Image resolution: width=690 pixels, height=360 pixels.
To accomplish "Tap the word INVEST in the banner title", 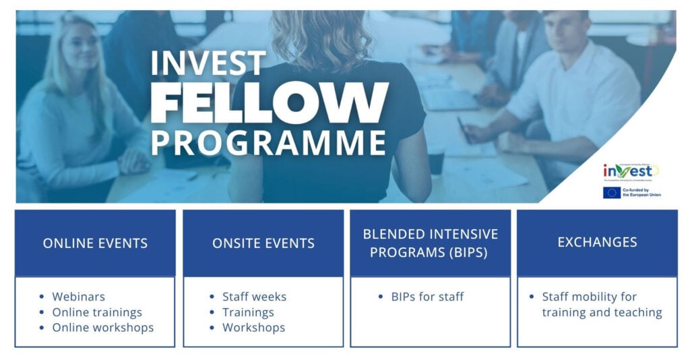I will pos(208,63).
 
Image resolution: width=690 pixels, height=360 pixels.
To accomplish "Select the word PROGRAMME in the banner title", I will pos(269,142).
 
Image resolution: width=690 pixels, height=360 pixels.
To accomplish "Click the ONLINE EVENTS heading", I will pos(95,243).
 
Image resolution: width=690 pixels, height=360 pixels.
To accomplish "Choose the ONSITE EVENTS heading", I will pos(263,243).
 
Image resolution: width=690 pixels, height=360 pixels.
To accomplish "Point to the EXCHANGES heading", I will pos(597,242).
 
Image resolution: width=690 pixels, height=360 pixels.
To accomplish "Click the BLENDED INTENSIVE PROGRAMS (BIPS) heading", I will pos(431,243).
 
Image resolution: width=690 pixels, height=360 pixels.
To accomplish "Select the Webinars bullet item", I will pos(78,297).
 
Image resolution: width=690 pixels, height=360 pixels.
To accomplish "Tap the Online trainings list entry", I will pos(97,312).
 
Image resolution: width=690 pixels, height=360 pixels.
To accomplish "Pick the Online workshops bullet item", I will pos(102,328).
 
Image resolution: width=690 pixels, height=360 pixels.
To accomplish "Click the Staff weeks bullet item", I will pos(254,297).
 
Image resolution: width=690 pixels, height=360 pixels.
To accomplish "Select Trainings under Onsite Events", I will pos(248,312).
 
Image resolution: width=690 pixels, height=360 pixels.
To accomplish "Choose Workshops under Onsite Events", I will pos(253,328).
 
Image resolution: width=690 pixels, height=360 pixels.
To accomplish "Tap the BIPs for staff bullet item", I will pos(427,297).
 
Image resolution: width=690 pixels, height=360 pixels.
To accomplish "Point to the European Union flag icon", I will pos(611,193).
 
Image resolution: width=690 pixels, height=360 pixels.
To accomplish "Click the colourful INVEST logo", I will pos(630,171).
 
